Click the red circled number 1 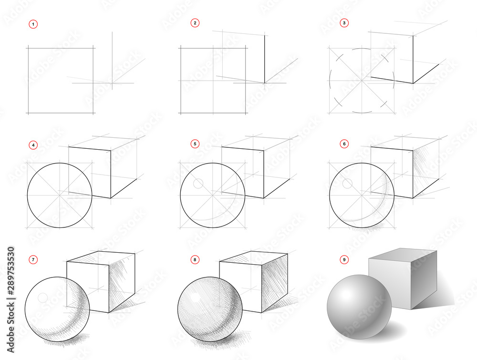click(x=33, y=23)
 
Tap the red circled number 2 click(x=195, y=23)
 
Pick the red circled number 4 click(x=33, y=144)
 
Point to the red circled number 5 click(x=195, y=144)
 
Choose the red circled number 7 click(x=33, y=260)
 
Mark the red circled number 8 click(x=195, y=260)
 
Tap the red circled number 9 click(x=344, y=260)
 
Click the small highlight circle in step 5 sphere click(x=198, y=183)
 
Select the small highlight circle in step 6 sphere click(x=348, y=183)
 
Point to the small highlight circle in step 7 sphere click(x=42, y=297)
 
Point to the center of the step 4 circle click(x=60, y=195)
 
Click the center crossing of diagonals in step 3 click(x=362, y=80)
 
